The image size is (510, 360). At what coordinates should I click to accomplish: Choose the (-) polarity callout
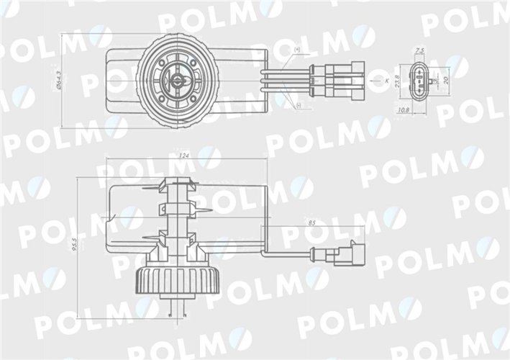(x=298, y=106)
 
